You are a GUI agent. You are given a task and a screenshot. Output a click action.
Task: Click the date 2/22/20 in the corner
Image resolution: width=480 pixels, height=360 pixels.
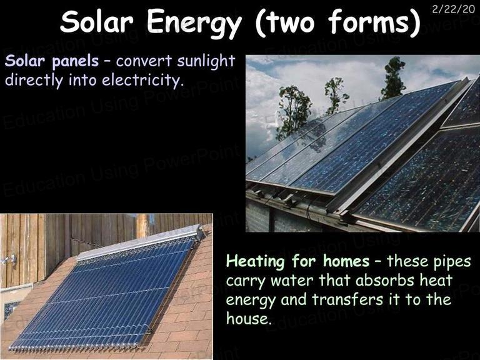pos(453,9)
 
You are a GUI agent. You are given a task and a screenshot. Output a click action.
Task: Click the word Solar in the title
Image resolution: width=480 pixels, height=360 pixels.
pos(97,22)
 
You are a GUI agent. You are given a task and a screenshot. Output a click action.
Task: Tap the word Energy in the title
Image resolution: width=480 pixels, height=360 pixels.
pos(194,24)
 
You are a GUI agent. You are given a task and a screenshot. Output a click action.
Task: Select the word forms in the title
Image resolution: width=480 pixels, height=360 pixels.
pos(368,22)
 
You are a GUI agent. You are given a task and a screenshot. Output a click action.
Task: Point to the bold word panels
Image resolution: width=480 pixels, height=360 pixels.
pos(75,61)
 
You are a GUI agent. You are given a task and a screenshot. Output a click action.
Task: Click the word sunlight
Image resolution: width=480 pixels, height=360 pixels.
pos(206,61)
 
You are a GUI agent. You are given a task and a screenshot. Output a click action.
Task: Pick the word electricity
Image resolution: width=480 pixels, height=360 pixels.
pos(142,80)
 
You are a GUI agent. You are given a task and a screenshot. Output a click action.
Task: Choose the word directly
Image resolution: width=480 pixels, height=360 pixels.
pos(34,80)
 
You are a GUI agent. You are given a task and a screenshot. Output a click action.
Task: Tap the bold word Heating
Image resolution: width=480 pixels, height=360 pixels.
pos(255,262)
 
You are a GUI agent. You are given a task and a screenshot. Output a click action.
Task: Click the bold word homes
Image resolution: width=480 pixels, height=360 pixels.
pos(346,261)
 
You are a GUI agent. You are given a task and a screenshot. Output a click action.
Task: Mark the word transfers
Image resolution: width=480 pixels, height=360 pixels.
pos(347,299)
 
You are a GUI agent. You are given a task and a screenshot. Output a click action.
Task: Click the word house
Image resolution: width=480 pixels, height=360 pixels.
pos(249,317)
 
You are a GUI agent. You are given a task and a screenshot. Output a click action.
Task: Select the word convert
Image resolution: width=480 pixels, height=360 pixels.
pos(144,61)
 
